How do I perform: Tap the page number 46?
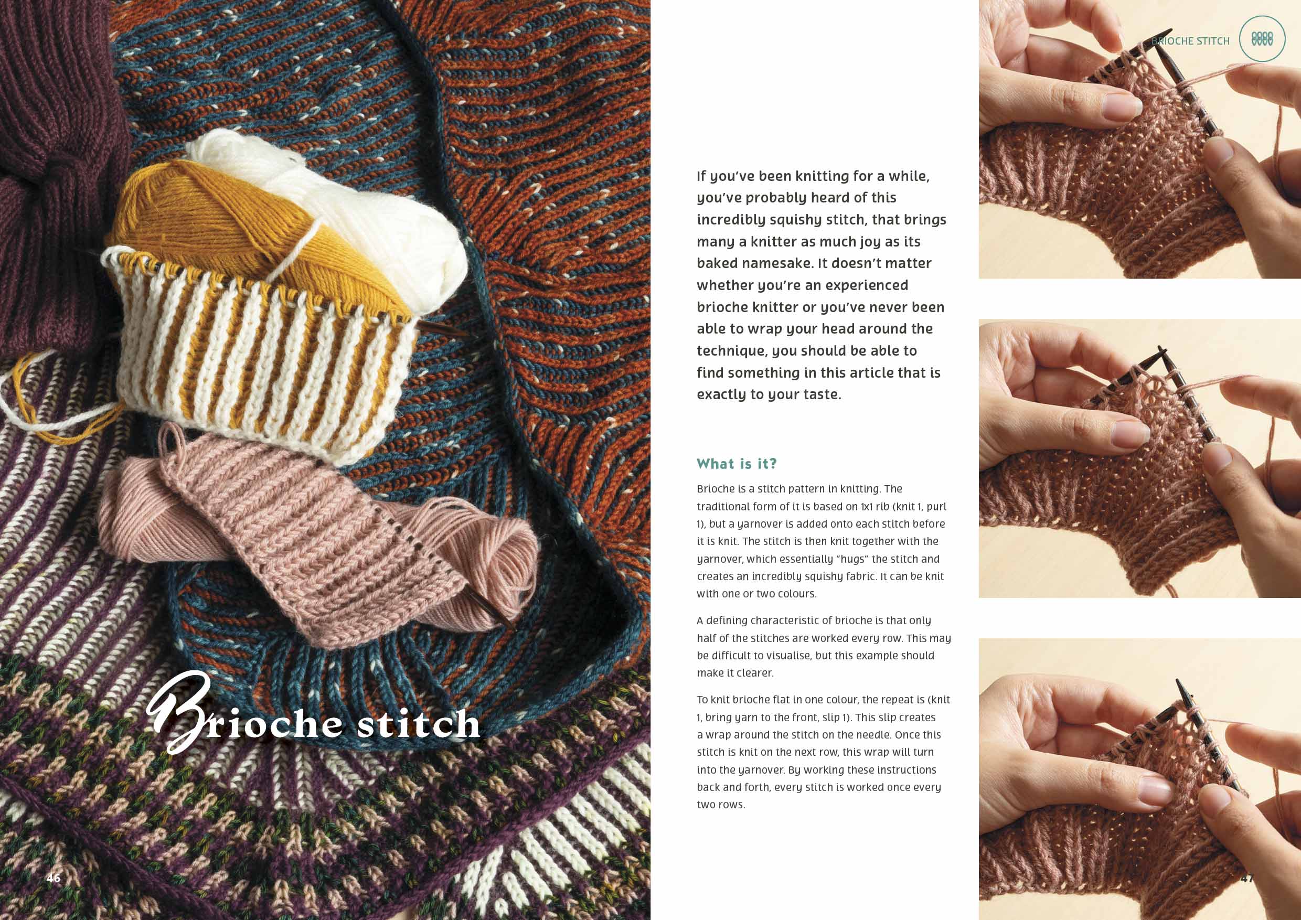coord(54,878)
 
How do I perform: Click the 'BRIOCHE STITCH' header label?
coord(1190,41)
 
